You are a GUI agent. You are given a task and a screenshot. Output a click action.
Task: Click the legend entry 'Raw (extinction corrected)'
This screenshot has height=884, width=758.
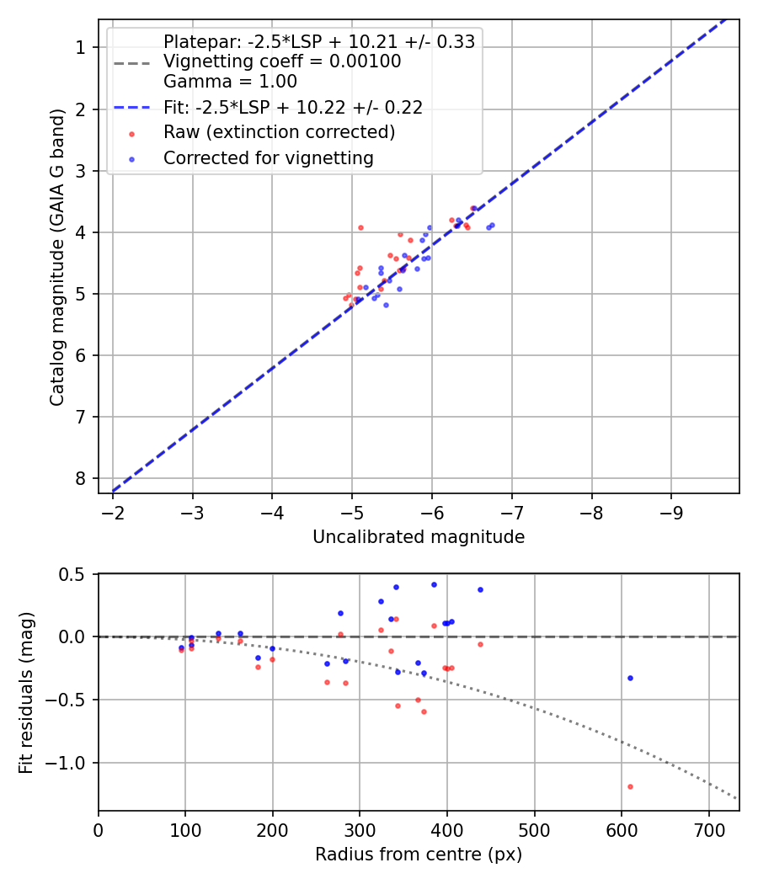click(x=279, y=132)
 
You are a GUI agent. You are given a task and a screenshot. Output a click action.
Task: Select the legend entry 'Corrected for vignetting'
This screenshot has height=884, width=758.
click(x=269, y=157)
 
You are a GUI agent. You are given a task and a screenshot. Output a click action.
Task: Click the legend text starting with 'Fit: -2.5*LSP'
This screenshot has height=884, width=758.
click(x=292, y=107)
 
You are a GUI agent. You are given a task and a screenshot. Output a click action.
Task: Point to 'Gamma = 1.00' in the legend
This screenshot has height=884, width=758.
click(x=230, y=82)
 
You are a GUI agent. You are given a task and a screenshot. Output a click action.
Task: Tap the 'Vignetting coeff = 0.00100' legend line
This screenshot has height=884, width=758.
click(x=282, y=61)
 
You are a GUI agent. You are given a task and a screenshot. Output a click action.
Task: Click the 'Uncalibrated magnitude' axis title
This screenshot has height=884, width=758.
click(x=419, y=537)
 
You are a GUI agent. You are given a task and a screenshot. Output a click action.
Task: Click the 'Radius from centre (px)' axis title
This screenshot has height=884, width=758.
click(x=419, y=855)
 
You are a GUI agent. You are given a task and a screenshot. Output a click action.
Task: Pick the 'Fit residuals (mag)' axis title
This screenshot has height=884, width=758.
click(x=26, y=693)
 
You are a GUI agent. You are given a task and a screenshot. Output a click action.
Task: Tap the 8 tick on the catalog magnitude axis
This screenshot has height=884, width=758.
click(x=82, y=478)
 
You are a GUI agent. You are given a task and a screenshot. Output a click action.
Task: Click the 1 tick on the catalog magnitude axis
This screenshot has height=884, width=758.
click(x=82, y=48)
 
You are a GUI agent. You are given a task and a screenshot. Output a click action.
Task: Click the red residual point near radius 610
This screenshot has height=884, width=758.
click(x=630, y=786)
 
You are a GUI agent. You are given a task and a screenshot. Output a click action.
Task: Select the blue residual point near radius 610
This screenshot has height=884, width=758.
click(x=630, y=678)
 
